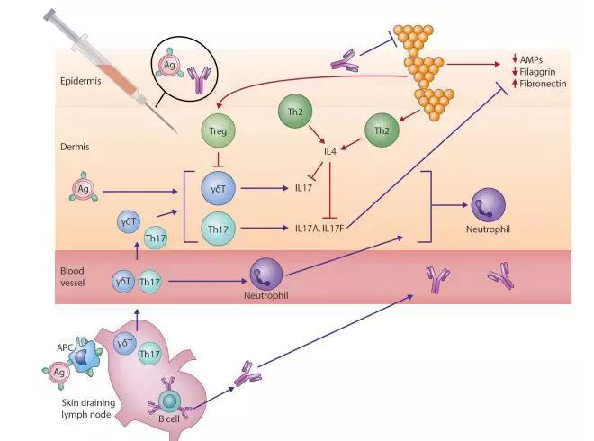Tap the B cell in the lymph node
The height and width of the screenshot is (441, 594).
[168, 396]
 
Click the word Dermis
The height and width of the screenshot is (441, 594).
[76, 144]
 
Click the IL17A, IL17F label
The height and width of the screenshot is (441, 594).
[320, 229]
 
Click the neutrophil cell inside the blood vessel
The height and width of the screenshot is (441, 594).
[266, 274]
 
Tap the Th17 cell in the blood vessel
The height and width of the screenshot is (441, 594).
[150, 282]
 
